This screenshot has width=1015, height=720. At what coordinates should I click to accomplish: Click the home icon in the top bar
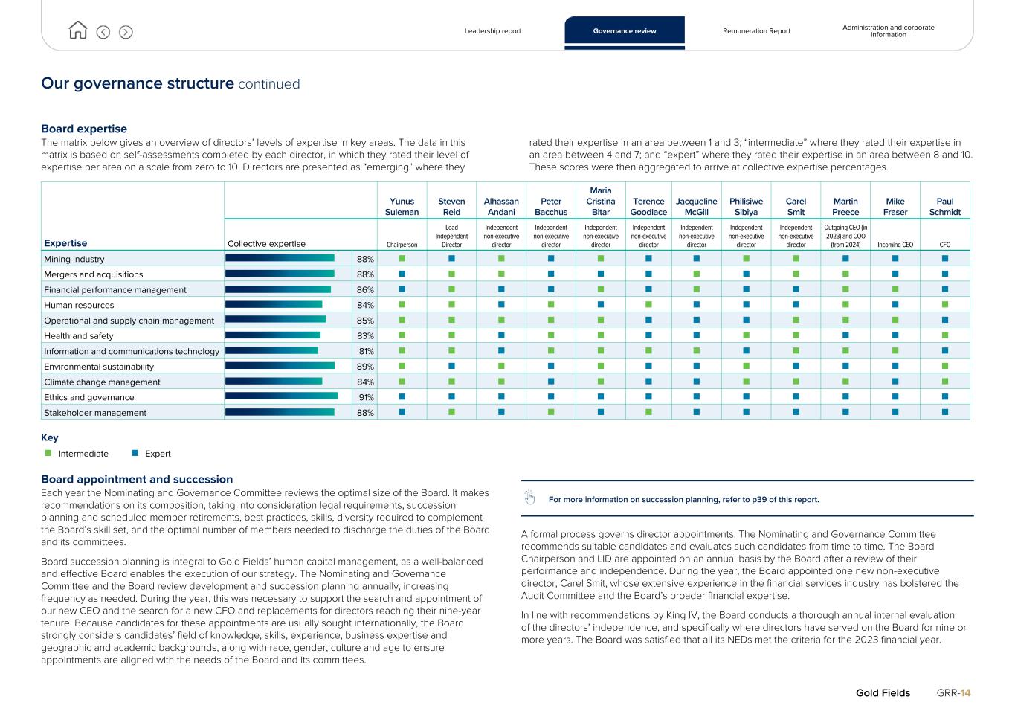coord(77,30)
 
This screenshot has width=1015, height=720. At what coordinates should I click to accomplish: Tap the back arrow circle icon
coord(103,32)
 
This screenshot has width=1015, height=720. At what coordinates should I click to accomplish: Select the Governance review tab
coord(625,31)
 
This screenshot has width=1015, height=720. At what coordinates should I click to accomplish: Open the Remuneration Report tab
coord(756,31)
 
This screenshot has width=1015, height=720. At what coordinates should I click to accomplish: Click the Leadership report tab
coord(492,31)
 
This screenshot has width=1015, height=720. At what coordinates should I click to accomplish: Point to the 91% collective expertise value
coord(366,397)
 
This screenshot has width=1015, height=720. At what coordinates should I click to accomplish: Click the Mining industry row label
coord(74,260)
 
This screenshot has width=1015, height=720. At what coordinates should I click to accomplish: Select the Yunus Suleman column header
coord(402,207)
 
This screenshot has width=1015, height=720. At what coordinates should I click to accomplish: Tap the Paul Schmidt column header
coord(944,207)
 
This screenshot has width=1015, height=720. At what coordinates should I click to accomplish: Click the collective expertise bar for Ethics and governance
coord(281,396)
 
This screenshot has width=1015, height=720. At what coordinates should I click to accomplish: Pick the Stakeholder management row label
coord(95,413)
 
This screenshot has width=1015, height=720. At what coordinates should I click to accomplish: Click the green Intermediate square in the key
coord(48,453)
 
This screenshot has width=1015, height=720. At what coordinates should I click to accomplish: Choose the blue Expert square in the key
coord(135,453)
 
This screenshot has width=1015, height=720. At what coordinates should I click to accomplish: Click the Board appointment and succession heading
coord(137,480)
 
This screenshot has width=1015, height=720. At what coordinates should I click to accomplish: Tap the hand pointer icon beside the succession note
coord(529,498)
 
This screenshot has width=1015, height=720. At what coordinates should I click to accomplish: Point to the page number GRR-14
coord(953,693)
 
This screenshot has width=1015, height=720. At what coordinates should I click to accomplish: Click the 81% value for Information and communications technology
coord(366,351)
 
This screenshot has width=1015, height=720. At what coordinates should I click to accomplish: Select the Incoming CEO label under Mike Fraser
coord(895,245)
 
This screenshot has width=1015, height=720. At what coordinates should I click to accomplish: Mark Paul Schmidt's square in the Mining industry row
coord(945,259)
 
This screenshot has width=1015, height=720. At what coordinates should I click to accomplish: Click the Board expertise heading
coord(84,129)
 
